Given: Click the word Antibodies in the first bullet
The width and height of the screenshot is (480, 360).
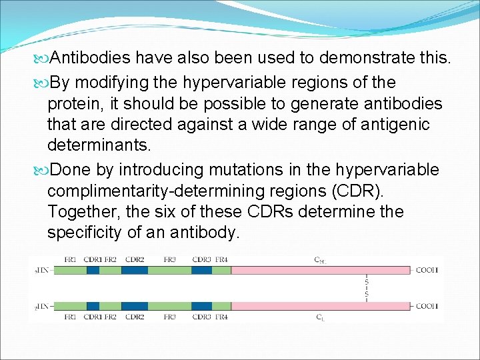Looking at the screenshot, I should coord(91,59).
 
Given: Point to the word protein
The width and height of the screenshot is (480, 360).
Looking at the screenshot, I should coord(73,104).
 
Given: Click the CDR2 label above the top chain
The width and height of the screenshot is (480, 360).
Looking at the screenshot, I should coord(135,259).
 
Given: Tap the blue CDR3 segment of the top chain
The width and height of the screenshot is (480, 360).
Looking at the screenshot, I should coord(201,270).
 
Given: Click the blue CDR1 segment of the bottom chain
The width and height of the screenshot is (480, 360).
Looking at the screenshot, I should coord(93,306).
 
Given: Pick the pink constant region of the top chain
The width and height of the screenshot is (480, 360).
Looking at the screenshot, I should coord(320,270).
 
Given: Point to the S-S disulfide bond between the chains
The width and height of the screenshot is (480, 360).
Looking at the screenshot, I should coord(366,288).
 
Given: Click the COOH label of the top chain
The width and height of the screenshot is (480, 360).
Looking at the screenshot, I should coord(427,270).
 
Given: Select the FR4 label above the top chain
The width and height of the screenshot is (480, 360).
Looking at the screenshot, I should coord(221,259).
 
